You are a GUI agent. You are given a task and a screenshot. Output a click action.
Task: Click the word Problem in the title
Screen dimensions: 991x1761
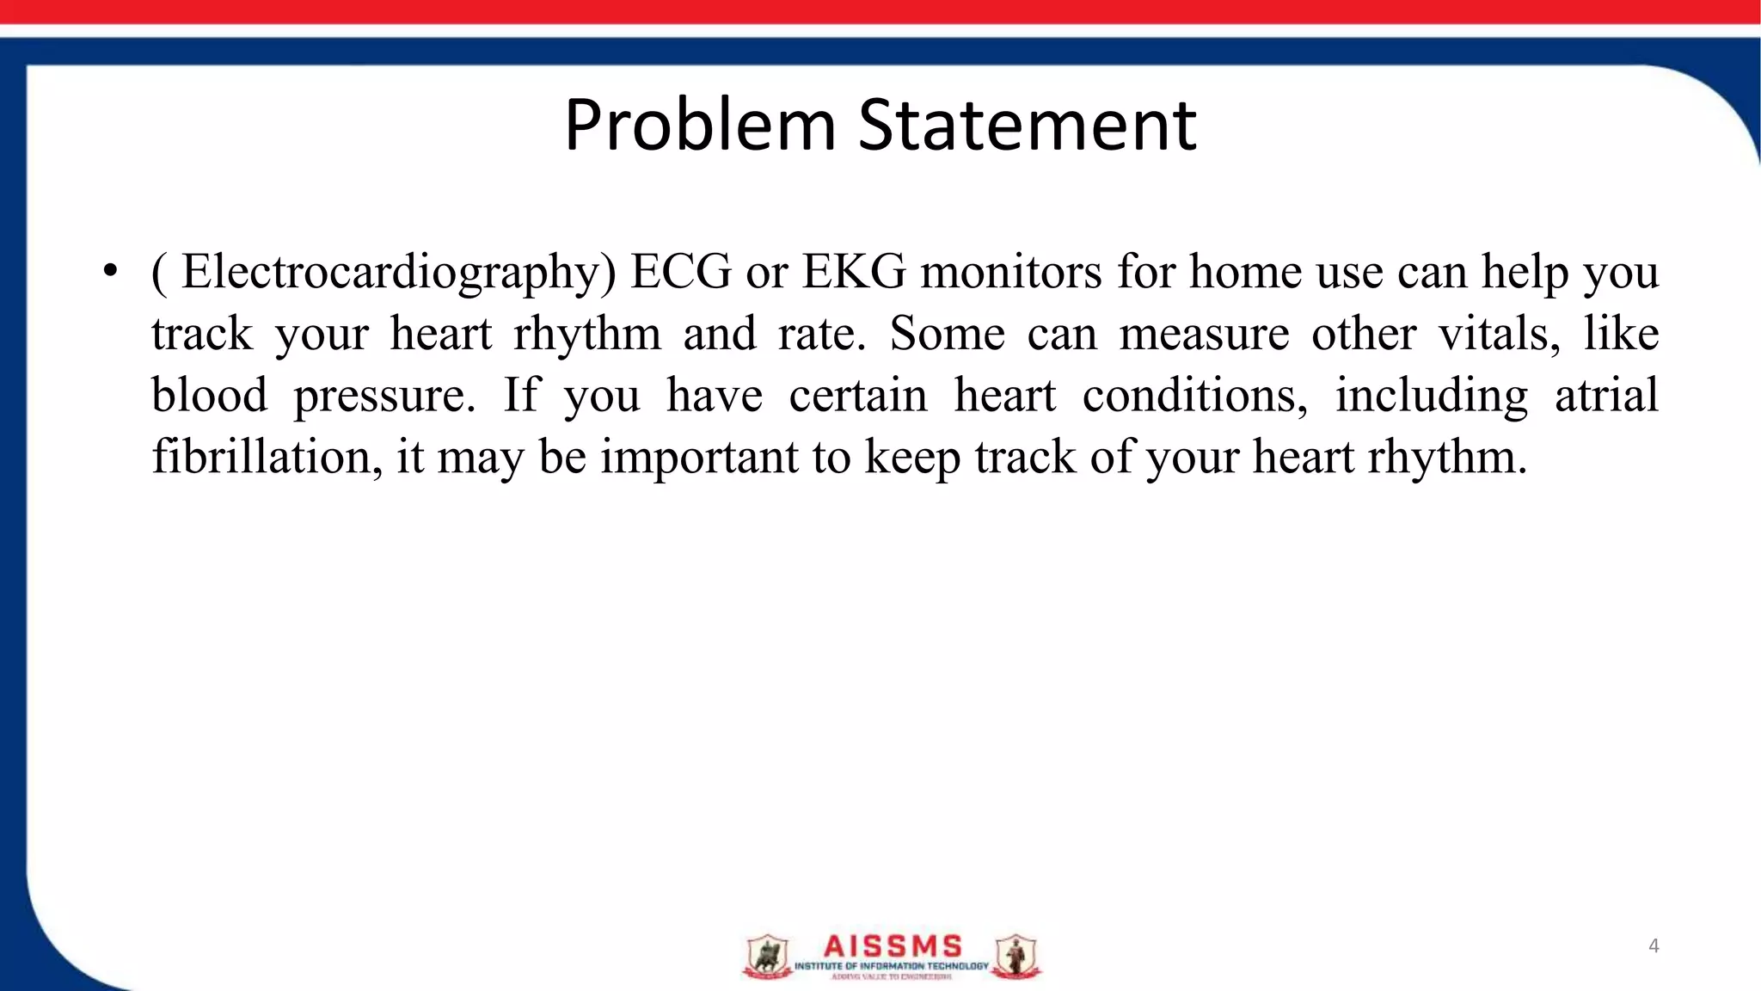(x=700, y=126)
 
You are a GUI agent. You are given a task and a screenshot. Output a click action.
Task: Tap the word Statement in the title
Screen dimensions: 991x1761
(x=1028, y=126)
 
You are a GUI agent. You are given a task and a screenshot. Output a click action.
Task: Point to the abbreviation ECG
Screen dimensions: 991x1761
(x=680, y=272)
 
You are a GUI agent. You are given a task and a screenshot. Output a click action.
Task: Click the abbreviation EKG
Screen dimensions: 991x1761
(x=854, y=272)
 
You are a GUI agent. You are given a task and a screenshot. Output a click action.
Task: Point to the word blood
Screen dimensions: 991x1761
(x=210, y=396)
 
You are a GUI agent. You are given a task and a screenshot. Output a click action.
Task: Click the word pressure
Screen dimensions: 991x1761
(x=383, y=397)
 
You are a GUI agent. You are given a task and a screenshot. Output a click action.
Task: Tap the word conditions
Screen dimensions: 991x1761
(x=1195, y=396)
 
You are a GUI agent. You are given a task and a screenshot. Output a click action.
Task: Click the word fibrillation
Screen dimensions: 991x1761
(x=267, y=457)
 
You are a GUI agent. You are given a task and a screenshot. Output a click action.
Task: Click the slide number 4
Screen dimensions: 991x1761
(x=1654, y=946)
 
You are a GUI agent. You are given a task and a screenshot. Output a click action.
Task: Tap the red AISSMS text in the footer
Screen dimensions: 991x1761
(x=893, y=946)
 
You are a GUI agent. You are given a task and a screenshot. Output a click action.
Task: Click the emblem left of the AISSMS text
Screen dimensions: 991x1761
(x=766, y=957)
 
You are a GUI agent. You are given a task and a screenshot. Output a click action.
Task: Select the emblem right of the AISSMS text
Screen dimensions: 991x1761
(x=1016, y=957)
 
